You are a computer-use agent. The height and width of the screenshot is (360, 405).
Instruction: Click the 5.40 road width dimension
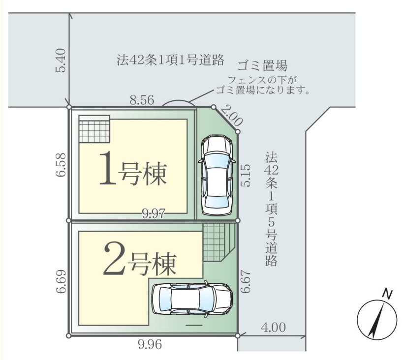(61, 60)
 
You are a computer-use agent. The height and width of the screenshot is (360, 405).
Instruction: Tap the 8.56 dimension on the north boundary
(142, 100)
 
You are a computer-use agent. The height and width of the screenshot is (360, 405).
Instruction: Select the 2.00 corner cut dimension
(232, 115)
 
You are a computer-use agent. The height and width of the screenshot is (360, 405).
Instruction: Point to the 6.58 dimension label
(61, 165)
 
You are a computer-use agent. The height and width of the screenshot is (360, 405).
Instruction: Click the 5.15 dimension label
(246, 175)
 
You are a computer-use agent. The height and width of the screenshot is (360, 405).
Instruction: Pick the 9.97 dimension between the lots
(154, 213)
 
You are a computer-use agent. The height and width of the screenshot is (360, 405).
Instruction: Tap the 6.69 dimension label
(61, 282)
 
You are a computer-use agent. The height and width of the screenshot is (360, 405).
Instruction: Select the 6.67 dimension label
(246, 281)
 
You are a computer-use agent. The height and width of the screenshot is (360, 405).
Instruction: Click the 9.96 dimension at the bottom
(150, 344)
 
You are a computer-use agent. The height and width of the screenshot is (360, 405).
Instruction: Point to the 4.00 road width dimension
(273, 328)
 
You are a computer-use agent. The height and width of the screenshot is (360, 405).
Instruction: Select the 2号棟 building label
(140, 260)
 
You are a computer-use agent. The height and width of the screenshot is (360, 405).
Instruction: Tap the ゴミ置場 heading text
(262, 65)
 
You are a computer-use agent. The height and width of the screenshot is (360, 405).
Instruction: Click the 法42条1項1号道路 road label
(170, 60)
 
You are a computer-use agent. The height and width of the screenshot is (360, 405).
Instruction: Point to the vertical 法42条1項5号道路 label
(271, 209)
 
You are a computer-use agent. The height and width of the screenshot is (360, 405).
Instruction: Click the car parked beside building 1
(217, 176)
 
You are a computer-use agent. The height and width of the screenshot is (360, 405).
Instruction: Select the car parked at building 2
(192, 299)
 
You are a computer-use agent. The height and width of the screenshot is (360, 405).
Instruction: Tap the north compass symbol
(377, 320)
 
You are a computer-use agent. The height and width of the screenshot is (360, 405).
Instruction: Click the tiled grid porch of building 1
(94, 129)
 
